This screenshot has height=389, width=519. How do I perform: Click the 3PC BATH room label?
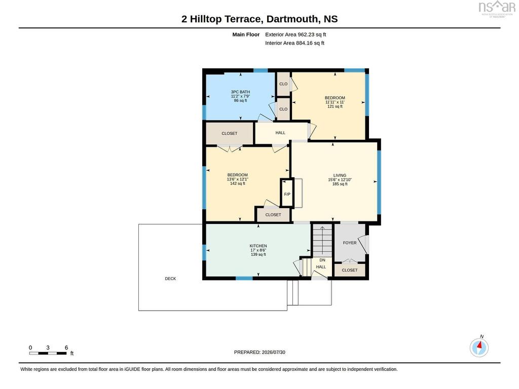pyautogui.click(x=240, y=92)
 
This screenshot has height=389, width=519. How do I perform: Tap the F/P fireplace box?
pyautogui.click(x=287, y=193)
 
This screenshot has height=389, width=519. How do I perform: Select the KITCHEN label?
pyautogui.click(x=258, y=246)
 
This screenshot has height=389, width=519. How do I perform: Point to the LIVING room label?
pyautogui.click(x=340, y=175)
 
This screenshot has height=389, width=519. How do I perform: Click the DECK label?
pyautogui.click(x=170, y=279)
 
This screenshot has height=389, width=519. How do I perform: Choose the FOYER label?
pyautogui.click(x=350, y=243)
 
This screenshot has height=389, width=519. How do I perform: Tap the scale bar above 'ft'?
pyautogui.click(x=48, y=353)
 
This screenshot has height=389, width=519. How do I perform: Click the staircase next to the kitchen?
pyautogui.click(x=322, y=241)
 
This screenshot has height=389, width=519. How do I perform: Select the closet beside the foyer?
pyautogui.click(x=350, y=270)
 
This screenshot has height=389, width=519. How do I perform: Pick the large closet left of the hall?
pyautogui.click(x=230, y=133)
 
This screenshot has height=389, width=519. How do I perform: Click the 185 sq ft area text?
pyautogui.click(x=340, y=184)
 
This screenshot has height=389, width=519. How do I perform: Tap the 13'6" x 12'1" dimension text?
pyautogui.click(x=237, y=179)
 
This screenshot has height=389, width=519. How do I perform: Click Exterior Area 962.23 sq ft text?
pyautogui.click(x=295, y=34)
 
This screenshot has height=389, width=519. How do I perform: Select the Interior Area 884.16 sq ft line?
pyautogui.click(x=294, y=43)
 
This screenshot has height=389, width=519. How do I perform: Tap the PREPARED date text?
pyautogui.click(x=259, y=353)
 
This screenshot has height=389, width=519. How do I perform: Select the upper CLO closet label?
pyautogui.click(x=283, y=84)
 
